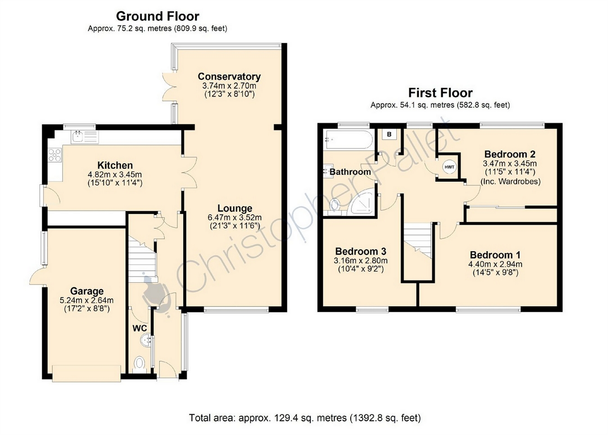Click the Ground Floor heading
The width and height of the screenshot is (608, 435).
click(158, 16)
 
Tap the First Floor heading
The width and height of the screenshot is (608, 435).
click(440, 93)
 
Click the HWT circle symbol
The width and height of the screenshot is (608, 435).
click(449, 167)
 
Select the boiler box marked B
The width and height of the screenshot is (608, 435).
click(389, 134)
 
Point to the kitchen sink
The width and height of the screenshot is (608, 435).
click(85, 137)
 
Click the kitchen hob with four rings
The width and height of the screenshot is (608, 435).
click(54, 155)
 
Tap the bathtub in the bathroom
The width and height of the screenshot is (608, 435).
click(348, 140)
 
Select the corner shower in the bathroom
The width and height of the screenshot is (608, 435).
click(363, 201)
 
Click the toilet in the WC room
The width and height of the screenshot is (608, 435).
click(140, 364)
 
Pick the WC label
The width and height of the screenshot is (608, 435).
click(140, 328)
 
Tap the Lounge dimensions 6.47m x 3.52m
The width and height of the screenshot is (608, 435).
click(235, 217)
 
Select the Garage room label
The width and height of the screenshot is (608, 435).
click(87, 291)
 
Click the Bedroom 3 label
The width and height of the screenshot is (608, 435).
click(361, 251)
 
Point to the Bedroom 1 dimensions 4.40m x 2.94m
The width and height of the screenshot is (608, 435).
click(495, 264)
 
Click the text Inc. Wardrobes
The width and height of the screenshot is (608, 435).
click(511, 181)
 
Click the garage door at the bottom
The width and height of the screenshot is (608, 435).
click(86, 373)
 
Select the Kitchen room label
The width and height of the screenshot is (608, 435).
click(115, 165)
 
